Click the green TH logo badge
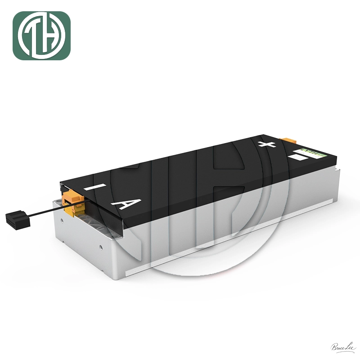pos(41,36)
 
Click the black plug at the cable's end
pos(17,220)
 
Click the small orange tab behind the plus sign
pos(285,141)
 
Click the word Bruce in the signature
pos(338,347)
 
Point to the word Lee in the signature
pos(349,346)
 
